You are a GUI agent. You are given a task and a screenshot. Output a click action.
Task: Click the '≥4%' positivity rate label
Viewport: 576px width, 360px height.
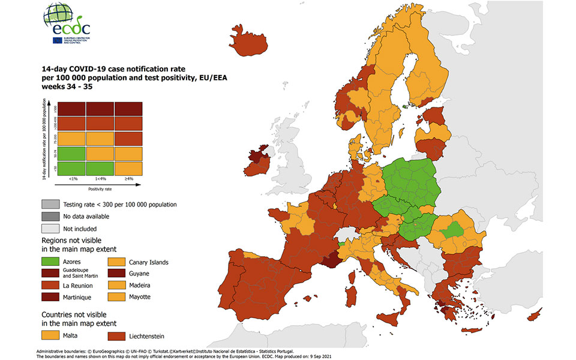[128, 179]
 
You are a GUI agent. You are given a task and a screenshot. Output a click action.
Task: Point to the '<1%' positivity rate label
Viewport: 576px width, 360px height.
[73, 179]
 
